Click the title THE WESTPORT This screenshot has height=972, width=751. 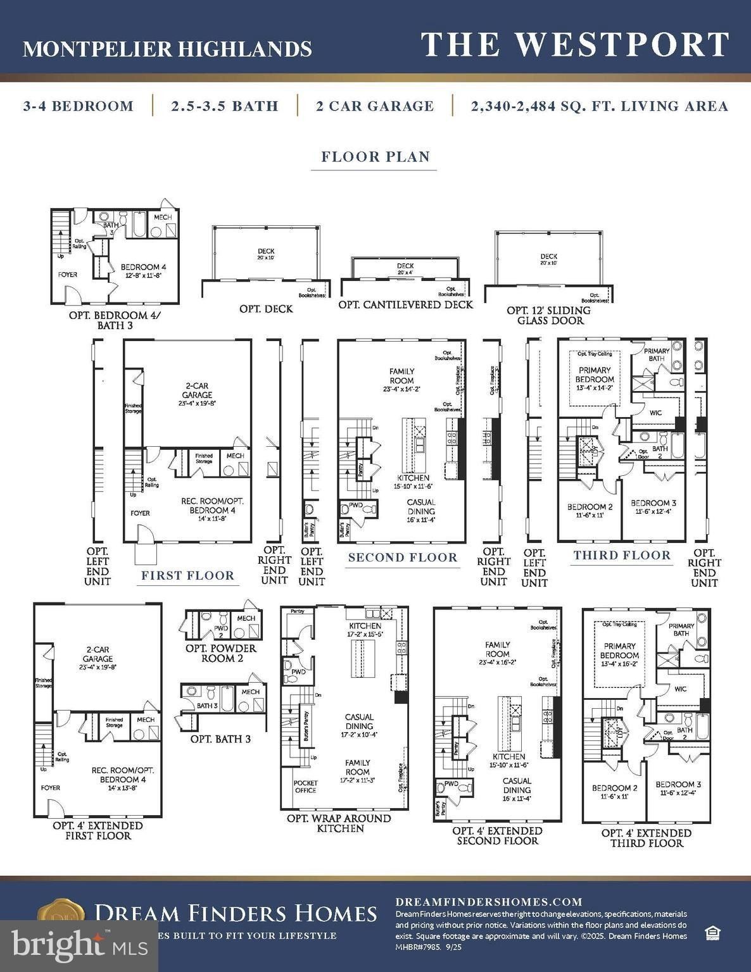tap(575, 46)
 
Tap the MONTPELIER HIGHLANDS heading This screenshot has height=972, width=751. tap(167, 49)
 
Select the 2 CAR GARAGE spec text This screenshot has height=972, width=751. tap(375, 106)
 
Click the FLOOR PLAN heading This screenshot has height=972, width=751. tap(375, 157)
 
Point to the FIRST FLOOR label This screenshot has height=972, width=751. tap(187, 575)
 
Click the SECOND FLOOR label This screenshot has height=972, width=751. tap(403, 558)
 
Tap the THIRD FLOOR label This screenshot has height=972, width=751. tap(622, 556)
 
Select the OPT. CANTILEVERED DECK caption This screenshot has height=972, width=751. tap(405, 304)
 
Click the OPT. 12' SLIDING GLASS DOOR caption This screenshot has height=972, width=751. tap(548, 315)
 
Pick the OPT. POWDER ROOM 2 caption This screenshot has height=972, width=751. tap(220, 653)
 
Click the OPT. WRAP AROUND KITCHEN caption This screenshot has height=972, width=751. tap(340, 823)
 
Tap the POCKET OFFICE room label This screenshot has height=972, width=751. tap(305, 787)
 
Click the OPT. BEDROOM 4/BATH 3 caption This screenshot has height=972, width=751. tap(115, 320)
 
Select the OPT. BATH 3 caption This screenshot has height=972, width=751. tap(220, 738)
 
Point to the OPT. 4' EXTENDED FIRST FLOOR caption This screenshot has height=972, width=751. tap(98, 830)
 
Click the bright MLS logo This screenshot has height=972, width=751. tap(79, 945)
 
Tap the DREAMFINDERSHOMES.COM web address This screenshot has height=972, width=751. tap(488, 902)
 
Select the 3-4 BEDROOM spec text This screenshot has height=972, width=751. tap(79, 106)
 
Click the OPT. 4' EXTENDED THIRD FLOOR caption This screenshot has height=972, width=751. tap(646, 838)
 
